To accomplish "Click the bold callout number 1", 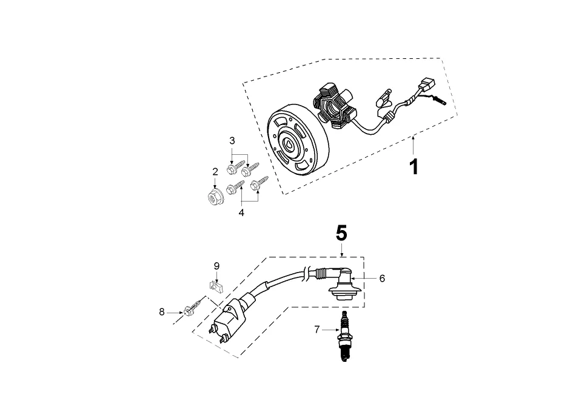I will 414,166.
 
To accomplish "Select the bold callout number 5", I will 342,233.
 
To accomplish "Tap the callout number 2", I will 215,172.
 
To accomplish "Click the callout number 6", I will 382,279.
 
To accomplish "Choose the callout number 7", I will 316,330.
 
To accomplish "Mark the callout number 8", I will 162,312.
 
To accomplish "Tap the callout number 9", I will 216,266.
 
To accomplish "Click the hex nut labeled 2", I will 214,195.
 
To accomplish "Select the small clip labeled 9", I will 214,284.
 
